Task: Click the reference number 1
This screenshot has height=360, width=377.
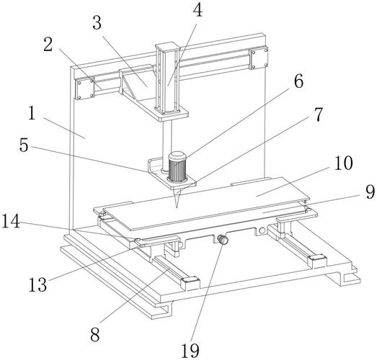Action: tap(32, 113)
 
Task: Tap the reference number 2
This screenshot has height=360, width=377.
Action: tap(48, 45)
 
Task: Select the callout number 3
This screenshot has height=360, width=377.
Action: tap(97, 23)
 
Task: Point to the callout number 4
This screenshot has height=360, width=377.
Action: tap(198, 10)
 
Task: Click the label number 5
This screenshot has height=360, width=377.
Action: tap(24, 145)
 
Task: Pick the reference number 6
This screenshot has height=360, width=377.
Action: tap(299, 81)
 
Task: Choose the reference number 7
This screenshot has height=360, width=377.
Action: tap(319, 114)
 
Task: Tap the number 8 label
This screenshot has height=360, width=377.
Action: tap(95, 335)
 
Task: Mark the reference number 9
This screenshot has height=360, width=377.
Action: tap(370, 192)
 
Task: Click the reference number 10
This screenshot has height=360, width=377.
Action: tap(344, 163)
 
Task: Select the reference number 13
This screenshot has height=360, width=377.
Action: tap(37, 284)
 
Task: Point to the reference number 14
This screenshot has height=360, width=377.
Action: tap(11, 221)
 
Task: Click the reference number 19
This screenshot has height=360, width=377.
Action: tap(190, 351)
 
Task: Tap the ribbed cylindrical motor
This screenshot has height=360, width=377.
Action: tap(177, 166)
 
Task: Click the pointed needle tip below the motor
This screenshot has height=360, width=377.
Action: tap(177, 207)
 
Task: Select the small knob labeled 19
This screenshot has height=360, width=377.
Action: tap(222, 240)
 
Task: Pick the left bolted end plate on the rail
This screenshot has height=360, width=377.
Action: tap(84, 89)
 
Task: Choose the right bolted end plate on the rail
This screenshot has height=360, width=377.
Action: tap(259, 58)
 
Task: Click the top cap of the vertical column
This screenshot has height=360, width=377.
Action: tap(167, 46)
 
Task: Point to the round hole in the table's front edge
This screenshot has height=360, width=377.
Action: tap(262, 231)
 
